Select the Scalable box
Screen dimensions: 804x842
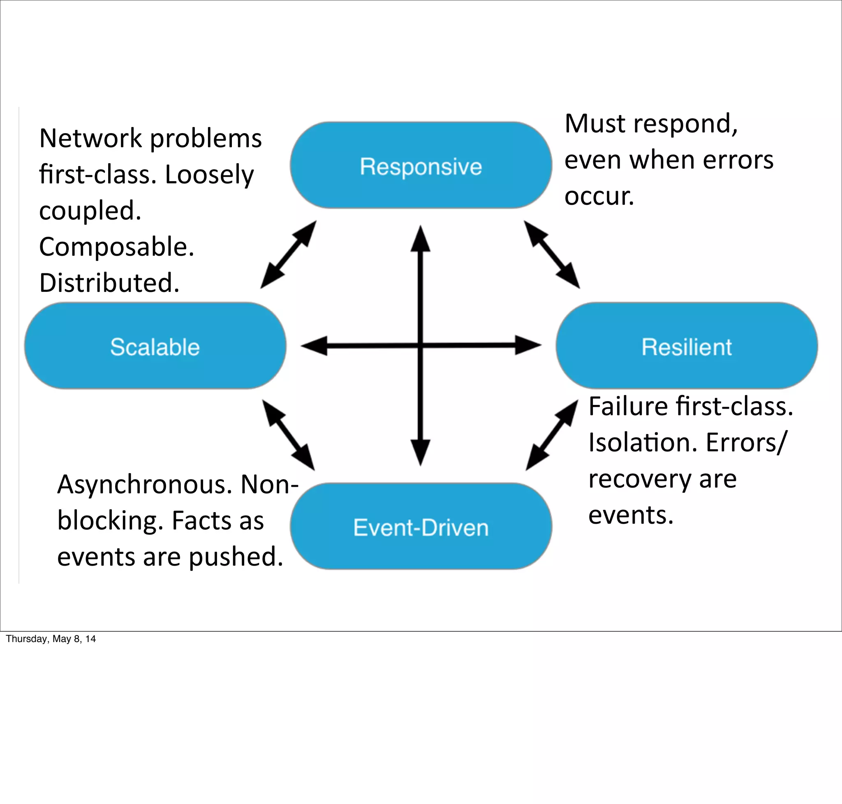[155, 346]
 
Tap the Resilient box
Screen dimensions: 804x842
[686, 346]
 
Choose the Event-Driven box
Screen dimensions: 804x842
[421, 527]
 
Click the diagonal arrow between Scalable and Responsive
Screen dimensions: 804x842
[288, 254]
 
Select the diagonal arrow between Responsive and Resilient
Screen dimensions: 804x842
[552, 254]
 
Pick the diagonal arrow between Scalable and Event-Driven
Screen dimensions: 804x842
[288, 435]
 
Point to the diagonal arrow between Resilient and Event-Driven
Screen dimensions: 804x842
[552, 435]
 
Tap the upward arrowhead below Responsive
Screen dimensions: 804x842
[421, 240]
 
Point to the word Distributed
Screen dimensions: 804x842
[109, 283]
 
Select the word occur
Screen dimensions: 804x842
[599, 196]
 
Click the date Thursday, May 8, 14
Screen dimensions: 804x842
[51, 639]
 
